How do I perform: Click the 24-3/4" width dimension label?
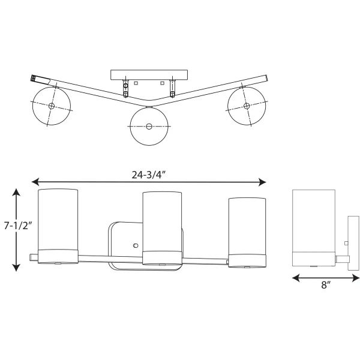coord(149,175)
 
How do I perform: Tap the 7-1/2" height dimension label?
coord(17,226)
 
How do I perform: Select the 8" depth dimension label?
coord(326,285)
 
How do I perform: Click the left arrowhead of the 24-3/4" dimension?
coord(35,182)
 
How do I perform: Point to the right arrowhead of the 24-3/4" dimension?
coord(262,182)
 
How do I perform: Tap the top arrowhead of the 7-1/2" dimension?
coord(16,192)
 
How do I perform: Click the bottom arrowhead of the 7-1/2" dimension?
coord(16,268)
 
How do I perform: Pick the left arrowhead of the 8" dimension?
coord(296,278)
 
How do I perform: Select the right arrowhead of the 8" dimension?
coord(355,278)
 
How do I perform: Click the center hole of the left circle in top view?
coord(52,106)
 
